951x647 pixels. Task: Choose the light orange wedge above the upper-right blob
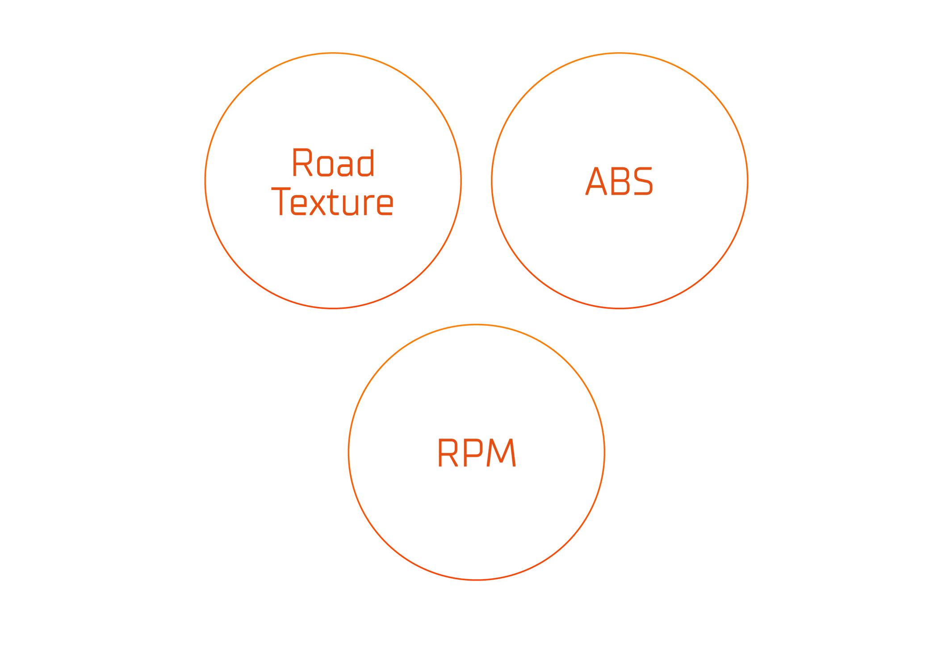(619, 85)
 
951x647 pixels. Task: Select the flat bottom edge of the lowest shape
(477, 580)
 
